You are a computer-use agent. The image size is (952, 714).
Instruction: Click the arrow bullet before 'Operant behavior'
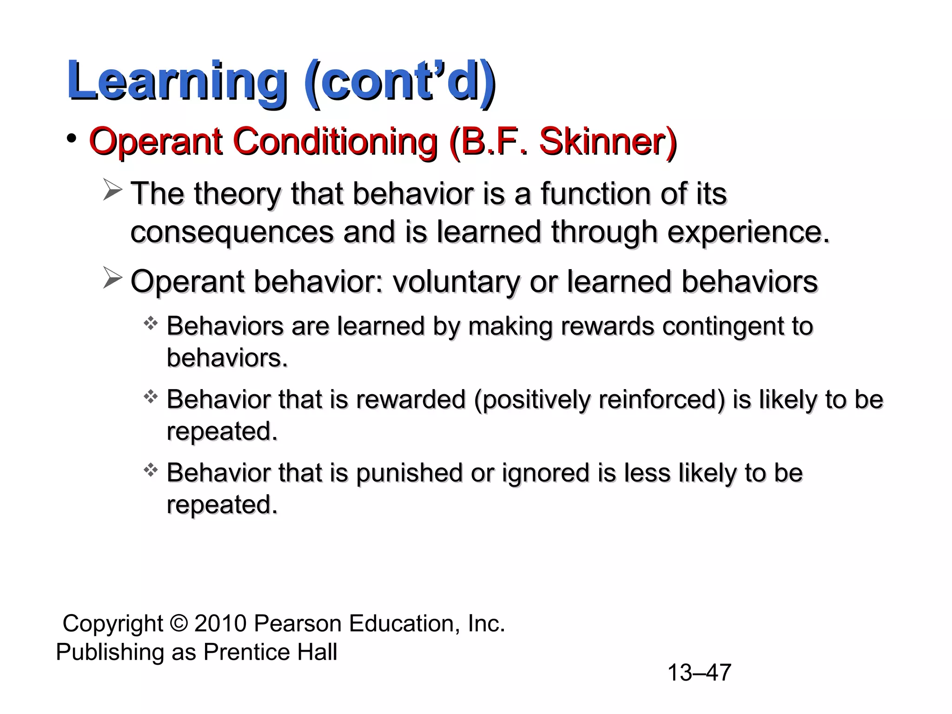click(x=112, y=278)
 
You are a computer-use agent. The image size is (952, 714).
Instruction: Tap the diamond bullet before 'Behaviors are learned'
click(x=151, y=323)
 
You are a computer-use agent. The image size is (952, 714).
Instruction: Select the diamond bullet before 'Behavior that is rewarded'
click(x=151, y=397)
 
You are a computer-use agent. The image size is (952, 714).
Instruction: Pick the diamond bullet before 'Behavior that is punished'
click(x=151, y=470)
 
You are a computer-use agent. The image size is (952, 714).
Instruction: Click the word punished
click(x=410, y=474)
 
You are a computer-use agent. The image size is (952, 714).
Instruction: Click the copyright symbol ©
click(x=178, y=624)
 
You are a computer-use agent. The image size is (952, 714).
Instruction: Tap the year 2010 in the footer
click(x=220, y=624)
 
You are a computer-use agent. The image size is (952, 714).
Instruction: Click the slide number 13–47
click(x=699, y=673)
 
